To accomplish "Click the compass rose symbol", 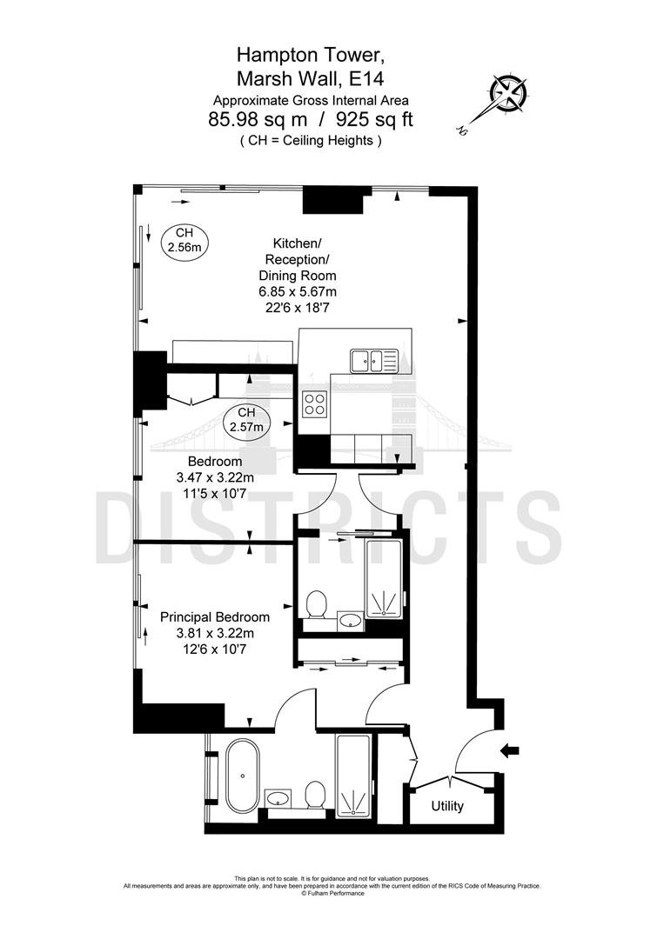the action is (x=509, y=92).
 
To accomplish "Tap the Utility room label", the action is (x=447, y=806).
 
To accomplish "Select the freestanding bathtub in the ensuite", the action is (x=243, y=776).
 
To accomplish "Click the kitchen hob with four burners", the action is (x=315, y=403).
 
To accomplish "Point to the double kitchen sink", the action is (x=366, y=361).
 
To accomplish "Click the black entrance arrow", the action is (x=509, y=750).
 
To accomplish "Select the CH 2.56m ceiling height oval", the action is (x=184, y=242).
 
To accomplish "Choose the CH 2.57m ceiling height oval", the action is (x=246, y=421).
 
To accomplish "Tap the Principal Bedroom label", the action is (x=215, y=616).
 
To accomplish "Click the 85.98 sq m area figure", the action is (x=258, y=120).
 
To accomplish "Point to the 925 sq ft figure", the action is (x=374, y=120).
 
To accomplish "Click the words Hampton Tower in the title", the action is (x=309, y=55).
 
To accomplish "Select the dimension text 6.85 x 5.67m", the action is (x=298, y=291).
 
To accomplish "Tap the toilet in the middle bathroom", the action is (x=316, y=605).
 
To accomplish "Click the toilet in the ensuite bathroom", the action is (x=314, y=795).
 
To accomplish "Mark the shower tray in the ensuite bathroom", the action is (x=353, y=776).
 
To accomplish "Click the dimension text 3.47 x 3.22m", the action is (x=215, y=477).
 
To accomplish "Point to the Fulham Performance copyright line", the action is (x=332, y=894).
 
